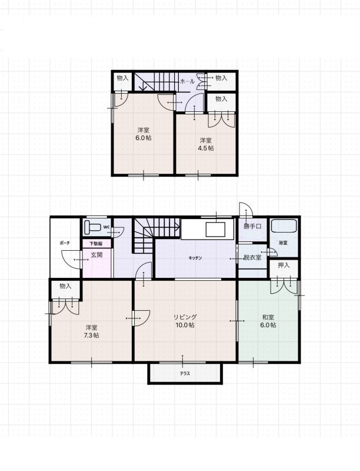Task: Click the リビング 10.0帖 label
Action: point(185,321)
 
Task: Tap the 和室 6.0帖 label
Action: point(268,321)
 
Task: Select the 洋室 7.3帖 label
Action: point(92,331)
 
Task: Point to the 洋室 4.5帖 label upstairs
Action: point(206,144)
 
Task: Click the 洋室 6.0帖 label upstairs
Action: point(144,134)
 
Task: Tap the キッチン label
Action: point(195,258)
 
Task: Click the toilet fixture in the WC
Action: point(92,227)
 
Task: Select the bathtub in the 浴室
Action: point(284,225)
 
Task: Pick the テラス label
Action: point(185,374)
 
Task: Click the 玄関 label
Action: point(96,255)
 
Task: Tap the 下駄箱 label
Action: point(96,244)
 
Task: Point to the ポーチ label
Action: point(65,243)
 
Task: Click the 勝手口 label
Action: point(252,227)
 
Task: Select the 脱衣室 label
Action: point(252,257)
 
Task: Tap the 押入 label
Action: point(284,266)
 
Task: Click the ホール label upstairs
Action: point(188,81)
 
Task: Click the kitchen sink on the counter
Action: point(215,230)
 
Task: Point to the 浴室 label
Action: point(283,243)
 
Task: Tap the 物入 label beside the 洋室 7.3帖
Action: point(65,286)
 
